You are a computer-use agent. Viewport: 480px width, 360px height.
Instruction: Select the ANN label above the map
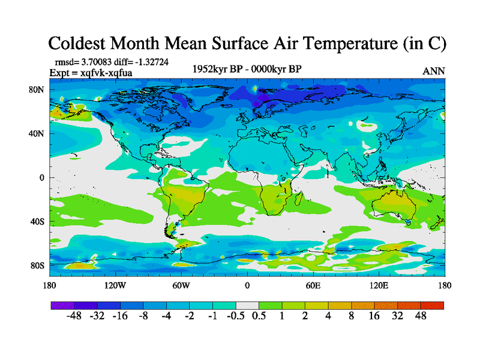click(x=434, y=71)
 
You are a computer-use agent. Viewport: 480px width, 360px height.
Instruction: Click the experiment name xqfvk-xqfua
click(x=107, y=73)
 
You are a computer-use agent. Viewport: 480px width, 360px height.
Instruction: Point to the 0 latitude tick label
click(x=42, y=178)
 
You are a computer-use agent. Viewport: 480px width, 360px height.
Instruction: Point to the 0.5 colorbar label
click(x=259, y=316)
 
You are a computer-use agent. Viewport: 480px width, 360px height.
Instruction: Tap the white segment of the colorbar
click(x=247, y=305)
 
